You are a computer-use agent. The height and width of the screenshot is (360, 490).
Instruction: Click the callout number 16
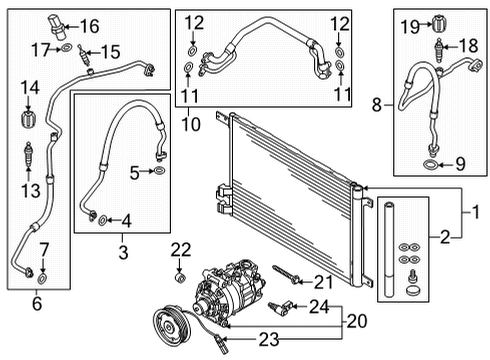point(90,26)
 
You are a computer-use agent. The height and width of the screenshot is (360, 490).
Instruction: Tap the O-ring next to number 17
point(67,48)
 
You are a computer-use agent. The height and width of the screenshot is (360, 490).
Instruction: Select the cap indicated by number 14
point(29,119)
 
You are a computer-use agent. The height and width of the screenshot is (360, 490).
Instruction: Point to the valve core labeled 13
point(29,155)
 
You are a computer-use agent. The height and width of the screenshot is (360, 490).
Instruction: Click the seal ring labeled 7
point(42,278)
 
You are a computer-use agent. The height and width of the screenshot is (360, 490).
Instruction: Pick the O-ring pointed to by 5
point(160,171)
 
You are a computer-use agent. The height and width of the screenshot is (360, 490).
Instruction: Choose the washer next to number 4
point(102,220)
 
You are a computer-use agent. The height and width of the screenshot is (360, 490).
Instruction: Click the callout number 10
point(191,124)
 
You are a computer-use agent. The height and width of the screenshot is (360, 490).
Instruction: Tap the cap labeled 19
point(440,24)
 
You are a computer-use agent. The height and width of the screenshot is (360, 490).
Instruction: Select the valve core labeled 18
point(439,51)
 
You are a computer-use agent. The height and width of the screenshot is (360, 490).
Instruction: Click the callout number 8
point(377,105)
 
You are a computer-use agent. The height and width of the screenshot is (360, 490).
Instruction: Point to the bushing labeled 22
point(180,277)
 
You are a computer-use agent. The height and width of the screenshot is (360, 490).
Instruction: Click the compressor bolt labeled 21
point(286,275)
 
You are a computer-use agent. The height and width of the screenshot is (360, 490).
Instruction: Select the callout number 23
point(269,340)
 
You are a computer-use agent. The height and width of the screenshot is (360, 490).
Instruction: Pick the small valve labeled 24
point(281,307)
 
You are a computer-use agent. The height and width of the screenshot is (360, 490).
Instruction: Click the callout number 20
point(357,321)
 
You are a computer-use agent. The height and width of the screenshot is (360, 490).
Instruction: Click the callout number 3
point(123,252)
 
